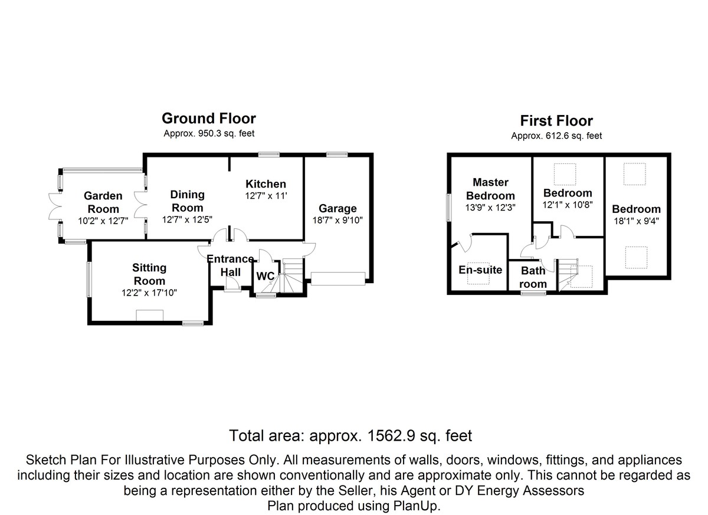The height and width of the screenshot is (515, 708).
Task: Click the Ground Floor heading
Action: (208, 119)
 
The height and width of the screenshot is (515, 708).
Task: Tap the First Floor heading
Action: (556, 121)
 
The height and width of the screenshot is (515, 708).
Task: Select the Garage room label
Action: (337, 208)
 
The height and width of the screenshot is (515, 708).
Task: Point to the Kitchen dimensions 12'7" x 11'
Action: (265, 196)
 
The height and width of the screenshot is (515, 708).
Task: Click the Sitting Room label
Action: (149, 274)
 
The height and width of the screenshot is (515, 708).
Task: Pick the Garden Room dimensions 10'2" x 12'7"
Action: (103, 221)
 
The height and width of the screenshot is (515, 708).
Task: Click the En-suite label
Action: (480, 270)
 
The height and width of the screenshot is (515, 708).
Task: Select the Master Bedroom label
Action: (490, 189)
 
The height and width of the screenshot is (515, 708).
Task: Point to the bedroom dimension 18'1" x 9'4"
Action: (636, 222)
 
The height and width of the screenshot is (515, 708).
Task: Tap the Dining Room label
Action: (187, 201)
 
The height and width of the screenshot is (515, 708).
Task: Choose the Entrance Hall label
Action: (230, 265)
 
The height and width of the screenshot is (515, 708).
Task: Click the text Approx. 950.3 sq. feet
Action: (208, 134)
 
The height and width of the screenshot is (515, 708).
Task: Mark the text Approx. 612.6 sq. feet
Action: (556, 136)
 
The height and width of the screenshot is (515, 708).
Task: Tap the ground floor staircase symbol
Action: (292, 274)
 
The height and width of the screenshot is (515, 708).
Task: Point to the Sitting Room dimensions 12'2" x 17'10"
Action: (149, 292)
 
